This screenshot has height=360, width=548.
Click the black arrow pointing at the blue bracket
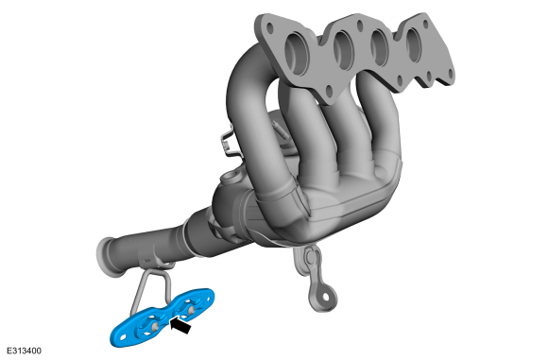[180, 324]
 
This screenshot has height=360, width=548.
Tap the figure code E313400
[24, 351]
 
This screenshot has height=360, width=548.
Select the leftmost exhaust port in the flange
[297, 53]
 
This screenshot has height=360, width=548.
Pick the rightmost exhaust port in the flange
[414, 45]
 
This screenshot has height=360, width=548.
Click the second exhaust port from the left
[344, 50]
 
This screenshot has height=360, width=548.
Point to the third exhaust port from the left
[380, 48]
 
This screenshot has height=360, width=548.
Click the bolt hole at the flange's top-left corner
[269, 28]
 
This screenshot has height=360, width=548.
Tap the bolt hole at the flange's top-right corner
[425, 24]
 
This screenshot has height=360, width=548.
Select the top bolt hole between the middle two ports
[359, 26]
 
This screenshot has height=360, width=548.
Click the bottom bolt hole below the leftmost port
[329, 91]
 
